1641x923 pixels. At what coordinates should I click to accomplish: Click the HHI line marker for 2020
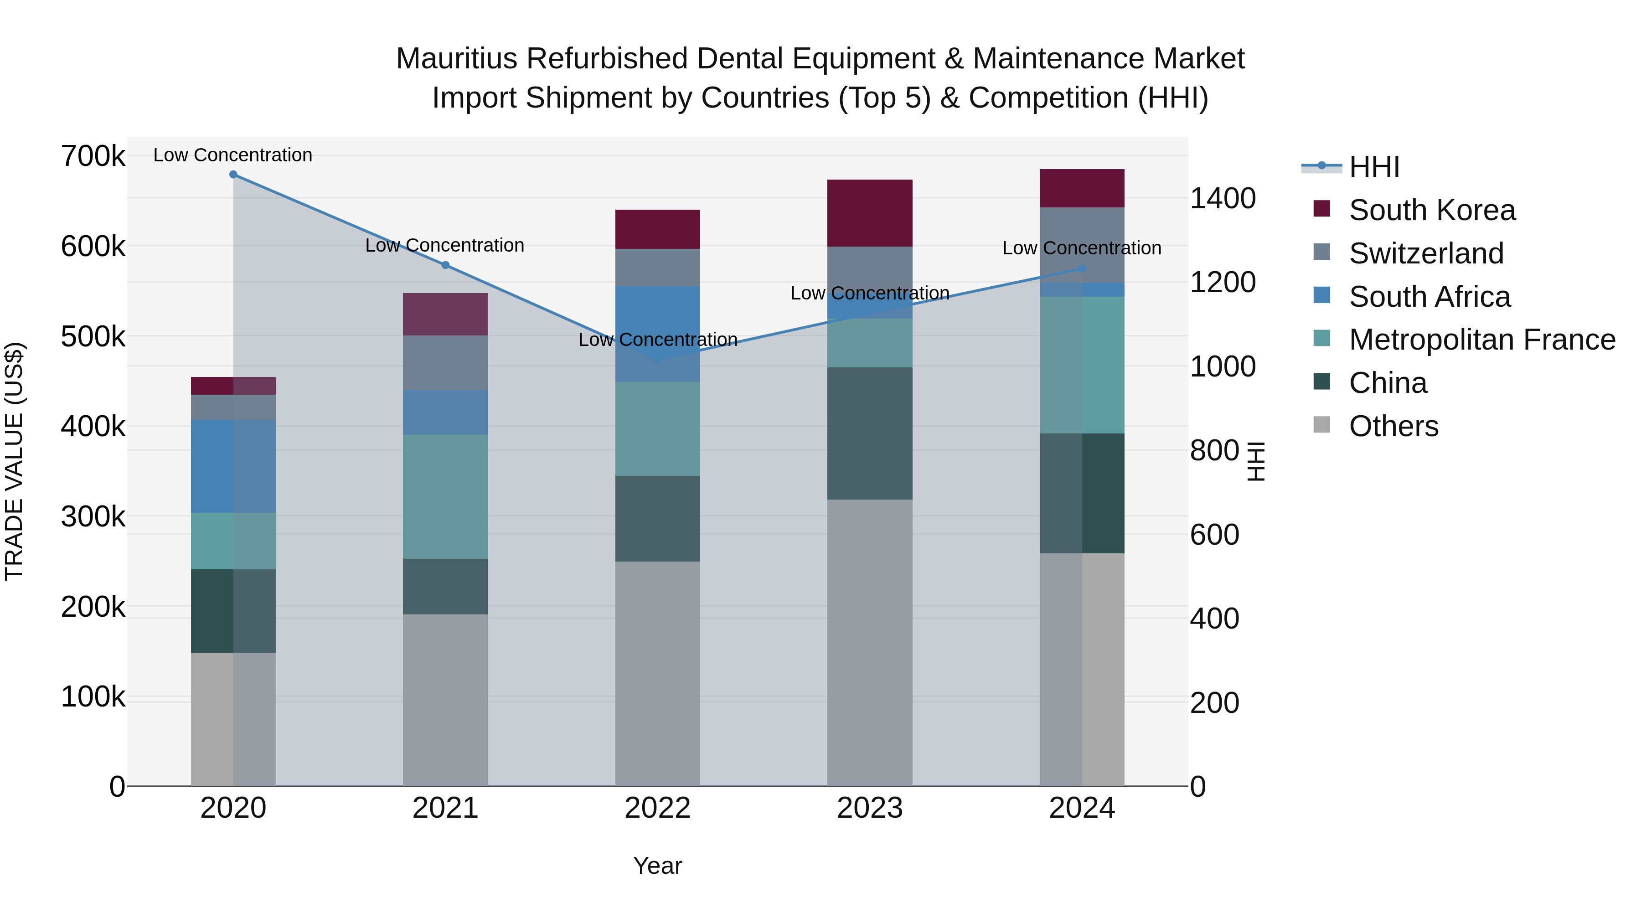point(233,175)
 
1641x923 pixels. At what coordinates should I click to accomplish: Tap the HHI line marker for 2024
point(1082,269)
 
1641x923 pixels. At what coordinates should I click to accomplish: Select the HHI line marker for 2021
point(445,265)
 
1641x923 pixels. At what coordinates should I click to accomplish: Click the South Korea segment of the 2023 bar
point(870,213)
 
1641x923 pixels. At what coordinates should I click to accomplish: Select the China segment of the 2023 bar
point(870,433)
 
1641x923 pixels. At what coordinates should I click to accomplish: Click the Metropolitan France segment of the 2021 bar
point(445,497)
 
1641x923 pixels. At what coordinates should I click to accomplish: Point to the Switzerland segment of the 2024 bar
point(1082,245)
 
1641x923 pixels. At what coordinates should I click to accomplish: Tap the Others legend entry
point(1393,426)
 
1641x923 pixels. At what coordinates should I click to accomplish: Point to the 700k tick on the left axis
point(93,156)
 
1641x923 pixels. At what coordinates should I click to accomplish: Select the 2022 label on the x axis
point(657,808)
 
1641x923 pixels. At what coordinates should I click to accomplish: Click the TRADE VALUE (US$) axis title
point(14,461)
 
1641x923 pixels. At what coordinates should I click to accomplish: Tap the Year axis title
point(657,866)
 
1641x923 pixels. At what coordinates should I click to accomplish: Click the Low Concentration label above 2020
point(232,155)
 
